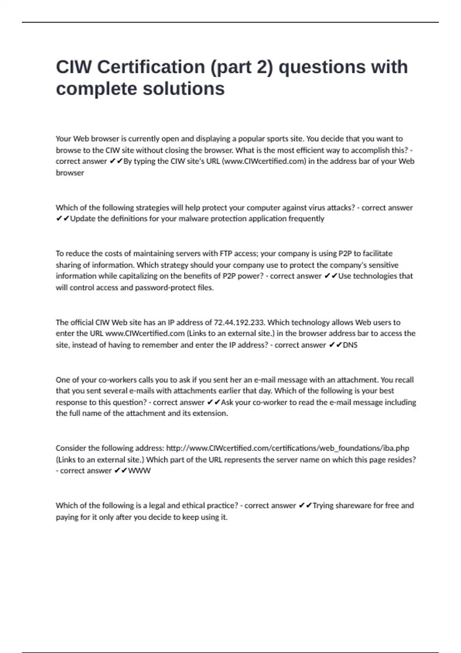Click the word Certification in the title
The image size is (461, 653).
151,67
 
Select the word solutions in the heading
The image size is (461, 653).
184,89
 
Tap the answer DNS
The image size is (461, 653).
350,345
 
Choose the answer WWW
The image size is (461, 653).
139,471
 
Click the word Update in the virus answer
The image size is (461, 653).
83,219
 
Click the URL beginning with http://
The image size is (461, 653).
288,448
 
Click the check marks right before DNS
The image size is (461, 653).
335,345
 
